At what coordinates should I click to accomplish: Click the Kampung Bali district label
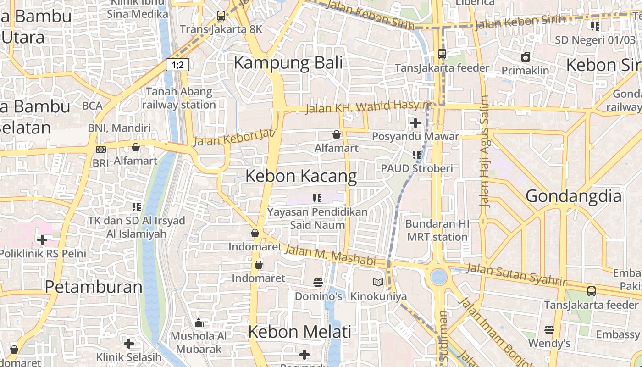click(x=288, y=63)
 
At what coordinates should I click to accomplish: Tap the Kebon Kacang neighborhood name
click(x=301, y=176)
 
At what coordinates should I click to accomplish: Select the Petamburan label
click(x=94, y=287)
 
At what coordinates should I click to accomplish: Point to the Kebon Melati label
click(x=299, y=332)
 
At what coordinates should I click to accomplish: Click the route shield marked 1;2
click(x=177, y=65)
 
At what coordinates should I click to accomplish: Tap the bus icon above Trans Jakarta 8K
click(x=221, y=16)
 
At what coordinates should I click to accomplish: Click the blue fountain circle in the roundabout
click(x=438, y=277)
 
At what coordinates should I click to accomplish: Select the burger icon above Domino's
click(x=318, y=282)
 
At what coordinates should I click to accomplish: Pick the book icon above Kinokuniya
click(x=378, y=282)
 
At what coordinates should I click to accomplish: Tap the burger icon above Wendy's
click(x=549, y=329)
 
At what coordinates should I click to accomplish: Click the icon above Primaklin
click(x=525, y=57)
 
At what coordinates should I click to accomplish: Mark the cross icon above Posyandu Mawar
click(x=415, y=123)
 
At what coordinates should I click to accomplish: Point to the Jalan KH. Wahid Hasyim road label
click(x=369, y=107)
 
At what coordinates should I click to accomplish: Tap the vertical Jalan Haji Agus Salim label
click(x=484, y=151)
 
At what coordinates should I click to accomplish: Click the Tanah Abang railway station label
click(x=179, y=98)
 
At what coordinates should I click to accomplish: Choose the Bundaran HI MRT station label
click(x=437, y=230)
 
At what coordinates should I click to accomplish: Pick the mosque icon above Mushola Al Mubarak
click(x=199, y=323)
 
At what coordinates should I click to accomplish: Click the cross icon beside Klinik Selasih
click(x=129, y=343)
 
